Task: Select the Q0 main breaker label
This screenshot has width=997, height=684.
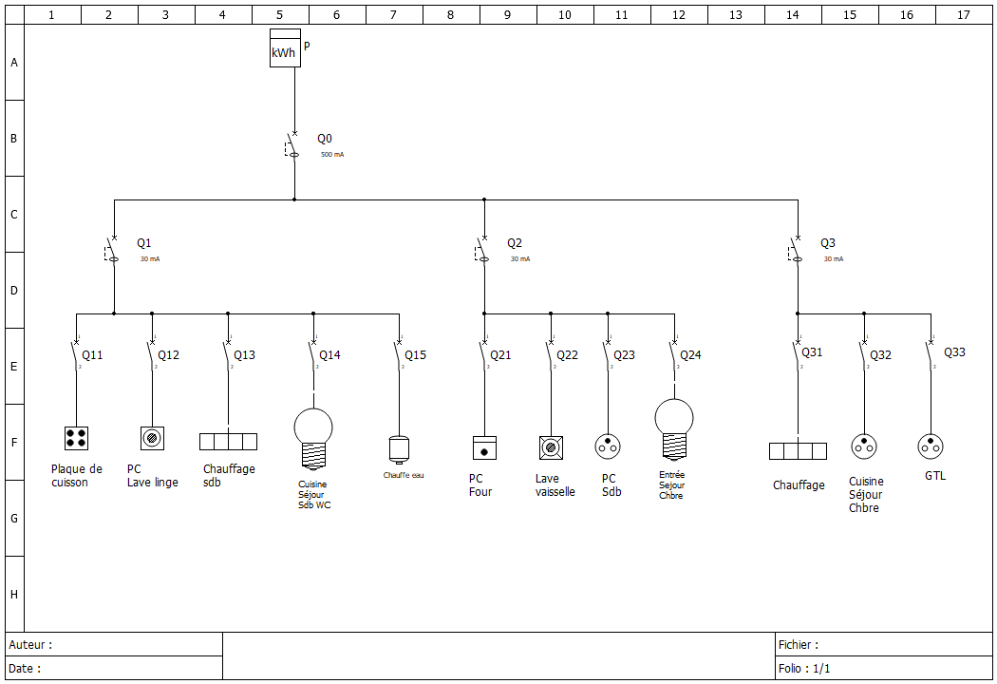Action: coord(325,139)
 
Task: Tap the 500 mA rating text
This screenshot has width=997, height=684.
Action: coord(332,154)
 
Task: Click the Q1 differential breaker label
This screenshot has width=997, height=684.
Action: coord(143,243)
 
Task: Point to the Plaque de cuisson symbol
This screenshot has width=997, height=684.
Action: coord(76,438)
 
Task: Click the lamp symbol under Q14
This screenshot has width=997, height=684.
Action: coord(313,438)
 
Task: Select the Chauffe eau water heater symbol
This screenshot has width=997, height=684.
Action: coord(398,448)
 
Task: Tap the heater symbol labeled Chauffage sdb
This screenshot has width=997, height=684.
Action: coord(228,442)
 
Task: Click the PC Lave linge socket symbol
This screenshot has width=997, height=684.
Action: coord(152,438)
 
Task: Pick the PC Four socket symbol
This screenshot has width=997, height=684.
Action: coord(484,447)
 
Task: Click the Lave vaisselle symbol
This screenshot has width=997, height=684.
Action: coord(551,447)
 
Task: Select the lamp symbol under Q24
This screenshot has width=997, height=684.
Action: coord(674,428)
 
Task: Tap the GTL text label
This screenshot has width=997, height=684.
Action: coord(935,476)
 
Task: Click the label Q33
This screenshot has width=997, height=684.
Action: coord(954,352)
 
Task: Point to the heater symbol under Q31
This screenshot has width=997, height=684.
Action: coord(798,450)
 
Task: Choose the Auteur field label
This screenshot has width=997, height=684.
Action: coord(30,645)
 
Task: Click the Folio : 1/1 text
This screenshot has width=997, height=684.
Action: coord(804,669)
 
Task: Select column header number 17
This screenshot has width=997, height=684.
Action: coord(964,15)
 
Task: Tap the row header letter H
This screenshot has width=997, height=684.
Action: coord(13,595)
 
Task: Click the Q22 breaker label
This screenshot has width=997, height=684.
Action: coord(567,355)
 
